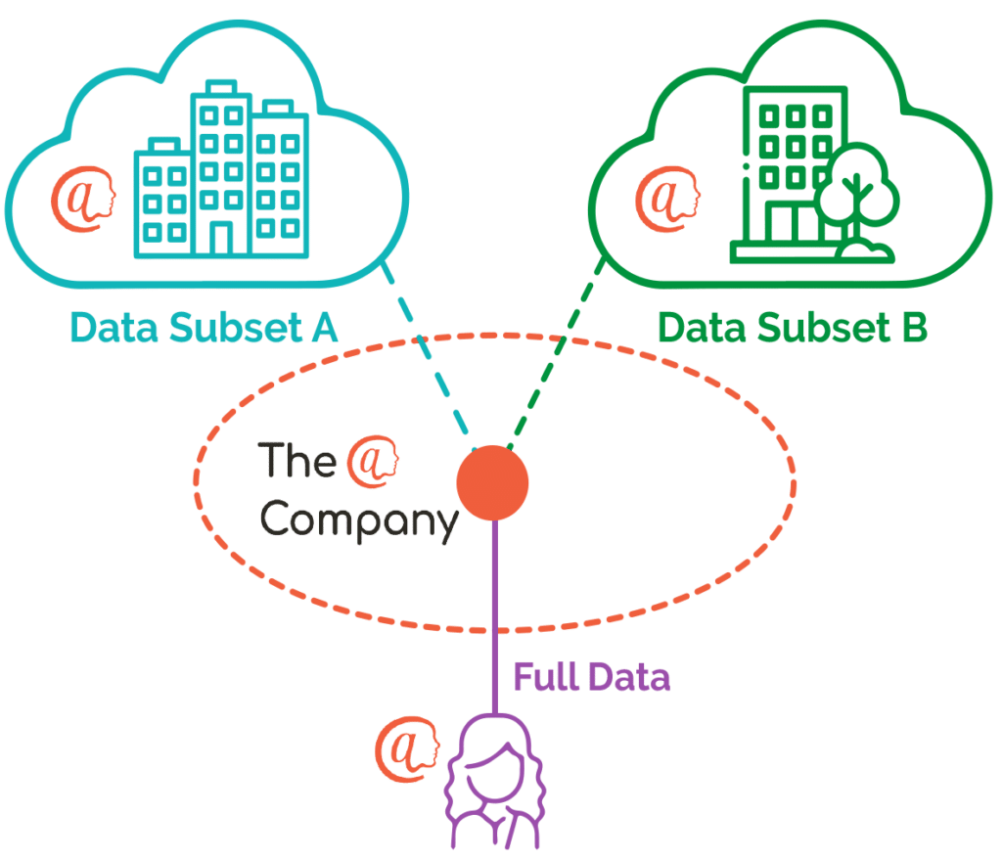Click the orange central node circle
pyautogui.click(x=493, y=482)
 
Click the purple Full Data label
pyautogui.click(x=592, y=678)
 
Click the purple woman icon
pyautogui.click(x=493, y=788)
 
